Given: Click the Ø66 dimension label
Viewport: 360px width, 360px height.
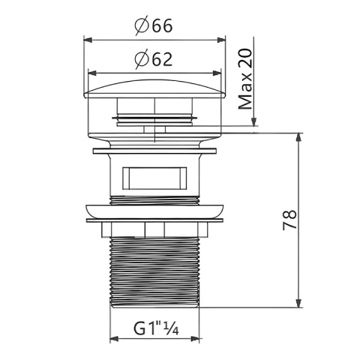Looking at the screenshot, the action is point(154,25).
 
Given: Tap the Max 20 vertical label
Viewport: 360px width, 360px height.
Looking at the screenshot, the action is point(245,79).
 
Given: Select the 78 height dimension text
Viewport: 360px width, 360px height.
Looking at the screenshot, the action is point(289,220).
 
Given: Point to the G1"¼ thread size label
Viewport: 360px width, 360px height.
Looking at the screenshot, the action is point(157,328).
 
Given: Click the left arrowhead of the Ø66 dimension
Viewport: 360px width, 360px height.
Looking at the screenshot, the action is point(88,40).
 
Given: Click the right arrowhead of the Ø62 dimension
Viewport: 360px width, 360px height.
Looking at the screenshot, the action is point(217,73).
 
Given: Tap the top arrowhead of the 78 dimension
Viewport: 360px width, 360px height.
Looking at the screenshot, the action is point(298,138).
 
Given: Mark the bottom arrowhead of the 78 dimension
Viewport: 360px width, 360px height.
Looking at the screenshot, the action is point(298,303).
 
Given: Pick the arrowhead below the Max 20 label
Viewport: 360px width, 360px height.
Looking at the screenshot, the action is point(254,121).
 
